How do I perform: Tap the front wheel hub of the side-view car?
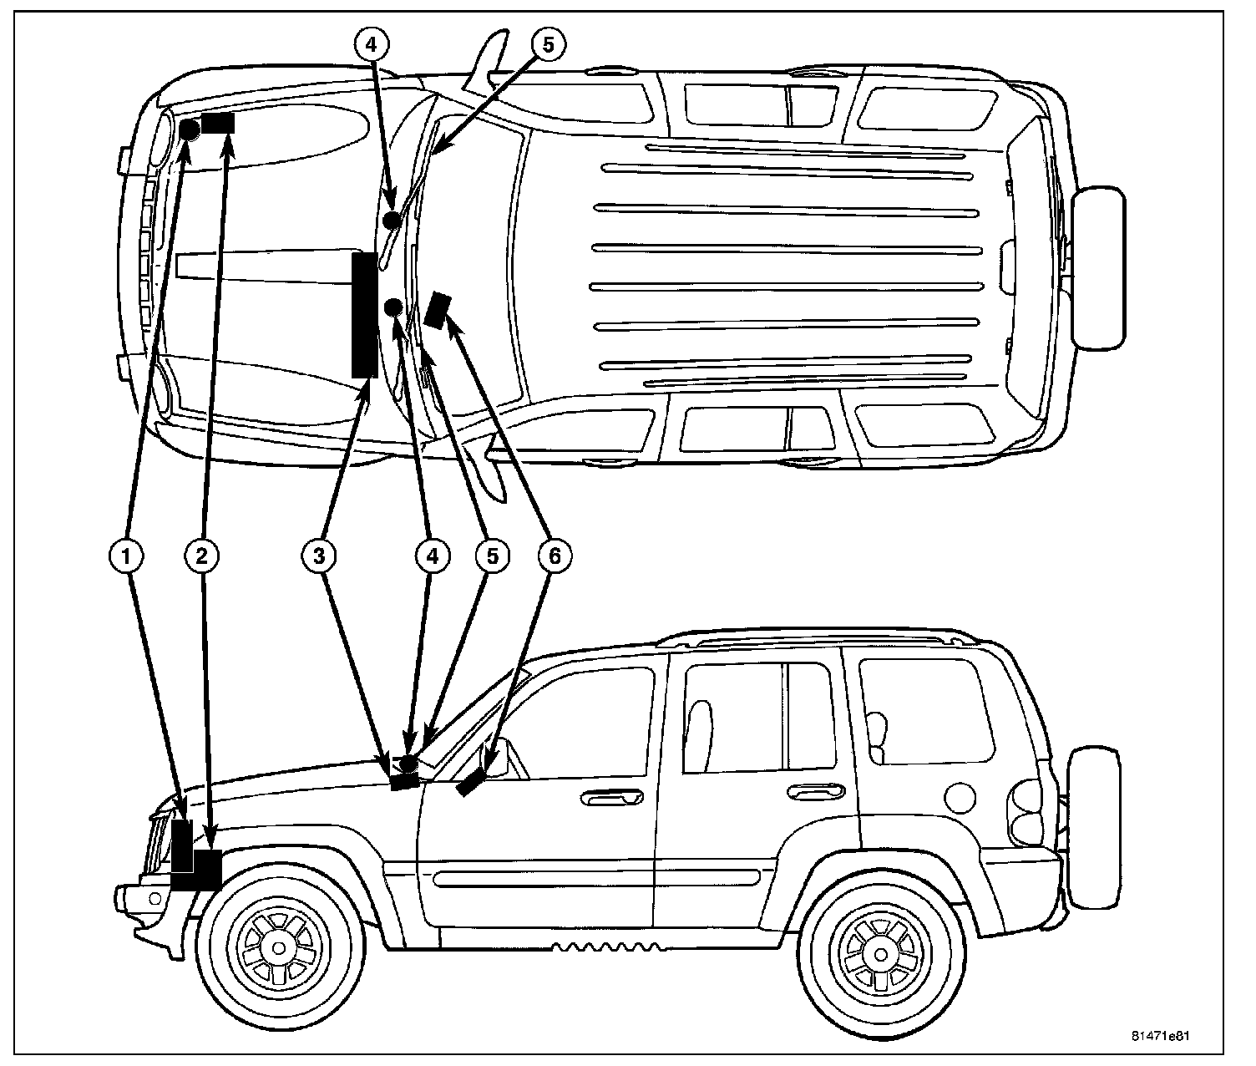276,947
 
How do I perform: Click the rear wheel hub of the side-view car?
882,952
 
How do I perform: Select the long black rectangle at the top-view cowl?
363,315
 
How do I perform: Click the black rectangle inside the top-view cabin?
437,310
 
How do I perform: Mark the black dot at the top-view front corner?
190,129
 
